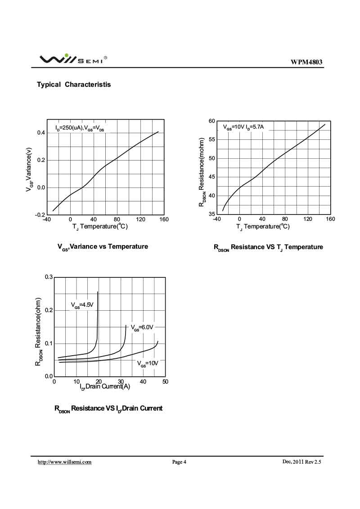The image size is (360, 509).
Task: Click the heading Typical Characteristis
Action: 74,85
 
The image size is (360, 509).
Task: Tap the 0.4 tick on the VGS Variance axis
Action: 39,133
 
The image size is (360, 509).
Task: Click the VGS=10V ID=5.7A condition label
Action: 243,127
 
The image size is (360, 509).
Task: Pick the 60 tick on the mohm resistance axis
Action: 211,121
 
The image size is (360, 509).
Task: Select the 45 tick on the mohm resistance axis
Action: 211,177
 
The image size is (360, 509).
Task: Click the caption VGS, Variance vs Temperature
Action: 103,247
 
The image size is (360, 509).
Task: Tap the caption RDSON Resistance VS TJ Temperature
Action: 268,247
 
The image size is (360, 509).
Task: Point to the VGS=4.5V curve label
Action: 82,305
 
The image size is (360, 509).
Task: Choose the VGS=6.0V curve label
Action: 142,328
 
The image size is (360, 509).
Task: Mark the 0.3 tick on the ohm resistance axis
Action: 49,277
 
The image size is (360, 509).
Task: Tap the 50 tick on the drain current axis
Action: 165,382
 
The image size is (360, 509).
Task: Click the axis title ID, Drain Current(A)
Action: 105,387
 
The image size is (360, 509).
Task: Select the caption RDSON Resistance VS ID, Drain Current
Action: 108,409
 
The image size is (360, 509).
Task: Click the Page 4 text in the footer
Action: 179,462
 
